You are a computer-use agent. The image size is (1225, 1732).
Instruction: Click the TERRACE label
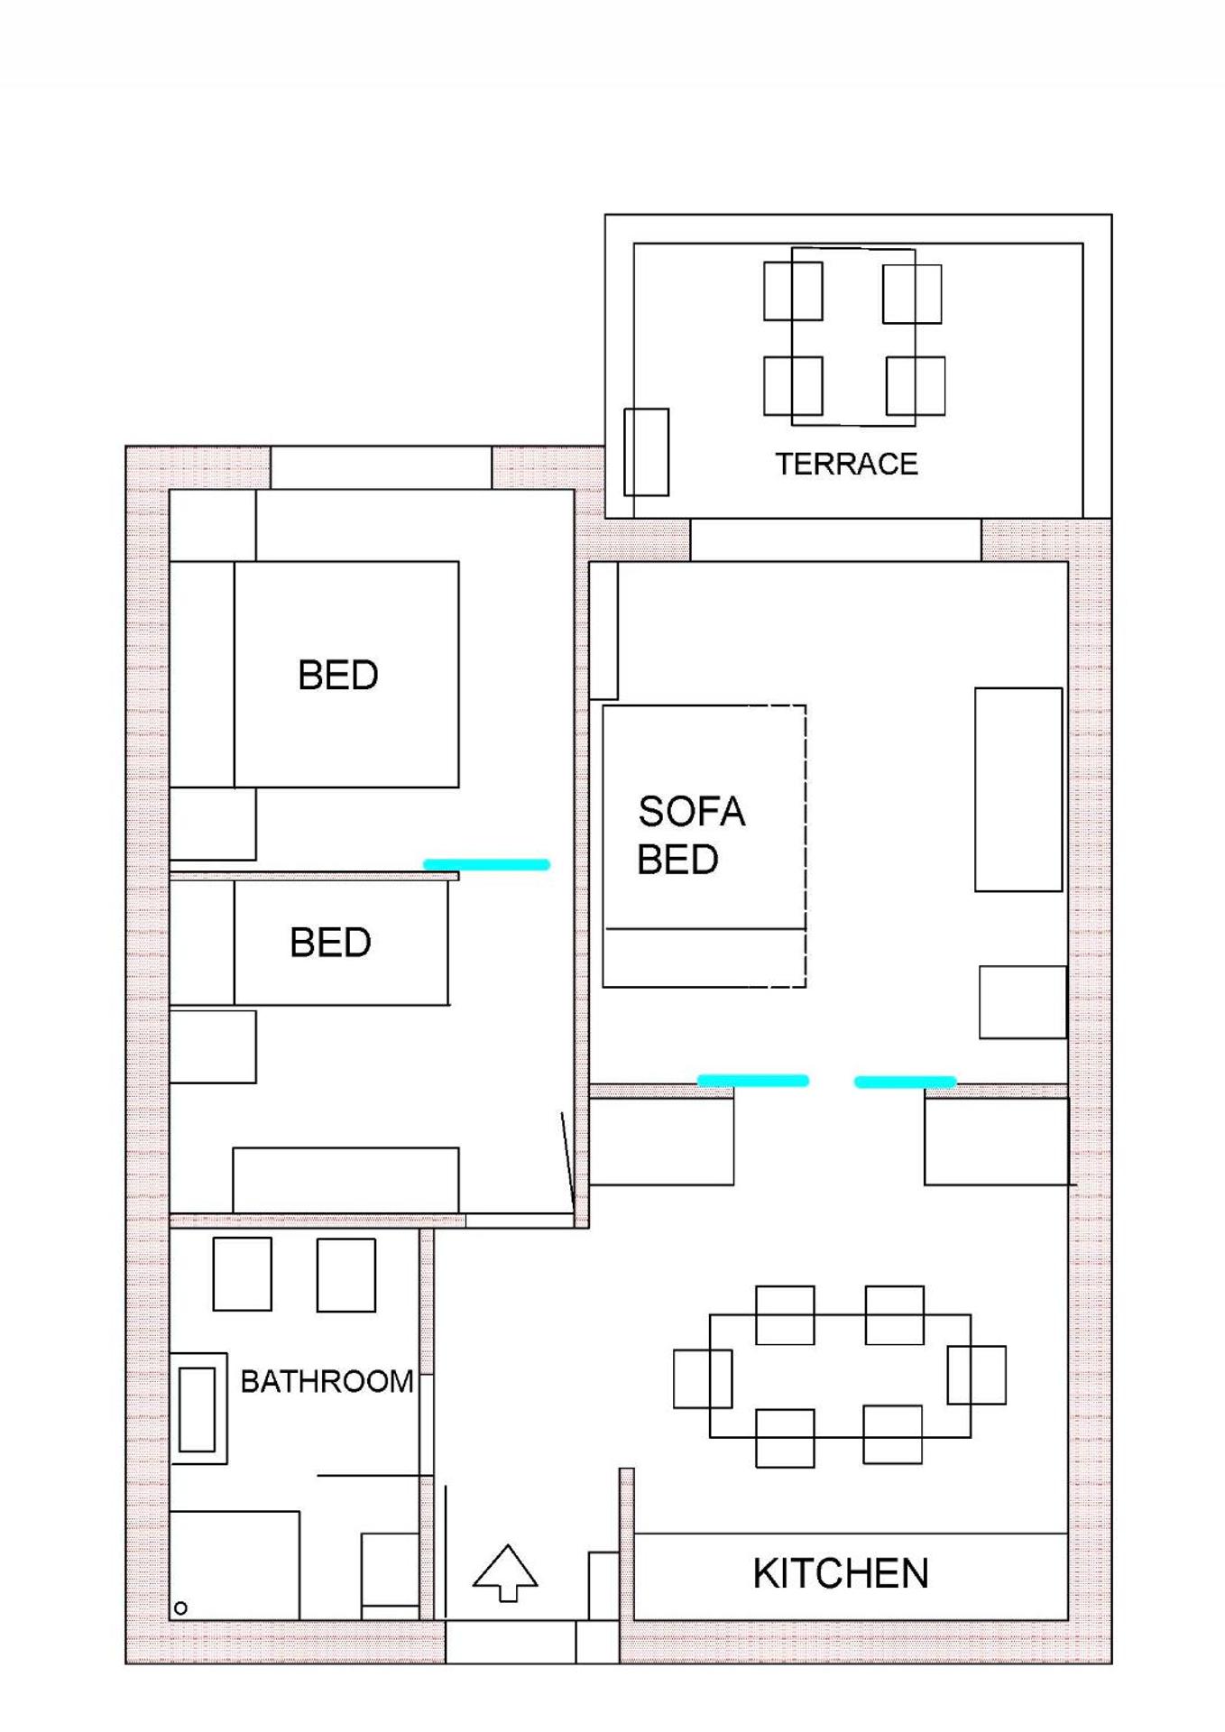click(x=846, y=464)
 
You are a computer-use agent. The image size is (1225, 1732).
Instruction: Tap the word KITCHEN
click(x=840, y=1574)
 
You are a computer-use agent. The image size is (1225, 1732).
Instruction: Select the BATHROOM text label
click(x=327, y=1381)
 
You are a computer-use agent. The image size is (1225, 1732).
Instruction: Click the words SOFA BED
click(x=690, y=835)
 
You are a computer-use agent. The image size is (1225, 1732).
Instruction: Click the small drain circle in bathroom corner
click(x=180, y=1608)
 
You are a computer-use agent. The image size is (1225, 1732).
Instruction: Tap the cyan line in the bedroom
click(x=486, y=864)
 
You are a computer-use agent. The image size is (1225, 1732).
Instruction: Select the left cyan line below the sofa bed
click(x=753, y=1080)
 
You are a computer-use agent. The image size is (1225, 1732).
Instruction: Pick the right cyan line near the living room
click(x=905, y=1082)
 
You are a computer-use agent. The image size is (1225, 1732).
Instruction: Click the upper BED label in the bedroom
click(x=337, y=675)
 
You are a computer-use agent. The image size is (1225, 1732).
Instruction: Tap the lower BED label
click(x=330, y=943)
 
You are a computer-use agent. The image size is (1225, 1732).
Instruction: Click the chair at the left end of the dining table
click(x=702, y=1378)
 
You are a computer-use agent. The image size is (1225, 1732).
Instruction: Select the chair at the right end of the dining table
click(x=977, y=1375)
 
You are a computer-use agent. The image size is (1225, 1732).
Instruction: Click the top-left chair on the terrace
click(x=793, y=290)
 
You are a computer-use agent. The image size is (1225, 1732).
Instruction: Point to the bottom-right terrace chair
click(x=916, y=385)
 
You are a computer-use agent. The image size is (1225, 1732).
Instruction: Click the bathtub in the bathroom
click(x=198, y=1408)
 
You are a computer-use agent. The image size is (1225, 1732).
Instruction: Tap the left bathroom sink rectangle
click(x=242, y=1274)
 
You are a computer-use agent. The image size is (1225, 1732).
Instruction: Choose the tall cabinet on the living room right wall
click(x=1018, y=789)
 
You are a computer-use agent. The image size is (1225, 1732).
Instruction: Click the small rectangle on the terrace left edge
click(x=646, y=452)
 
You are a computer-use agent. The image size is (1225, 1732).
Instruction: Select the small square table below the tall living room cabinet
click(x=1023, y=1001)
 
